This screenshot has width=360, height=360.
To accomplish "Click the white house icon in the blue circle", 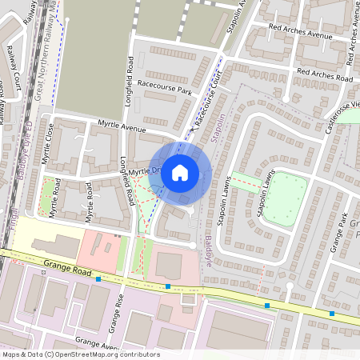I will pos(180,172).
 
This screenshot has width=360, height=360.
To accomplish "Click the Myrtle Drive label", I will pos(146,171).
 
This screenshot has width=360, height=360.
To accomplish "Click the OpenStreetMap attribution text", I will pos(81,354).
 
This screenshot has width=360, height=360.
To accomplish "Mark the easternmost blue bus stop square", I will pos(331,314).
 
